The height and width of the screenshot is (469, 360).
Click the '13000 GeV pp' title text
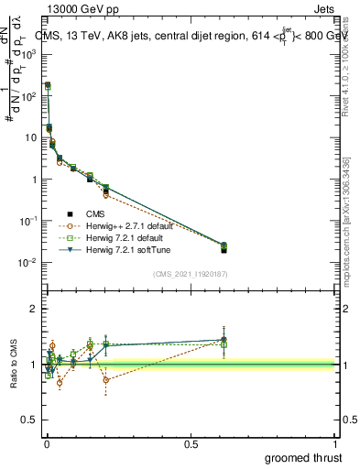tap(81, 8)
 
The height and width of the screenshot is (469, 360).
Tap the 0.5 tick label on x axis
tap(191, 444)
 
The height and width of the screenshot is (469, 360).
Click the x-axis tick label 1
tap(337, 444)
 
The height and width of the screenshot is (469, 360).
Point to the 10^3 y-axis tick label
tap(28, 54)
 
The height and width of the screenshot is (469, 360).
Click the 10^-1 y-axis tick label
tap(28, 221)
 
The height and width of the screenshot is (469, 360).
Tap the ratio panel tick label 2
tap(33, 310)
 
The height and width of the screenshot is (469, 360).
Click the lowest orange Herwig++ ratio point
tap(60, 383)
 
